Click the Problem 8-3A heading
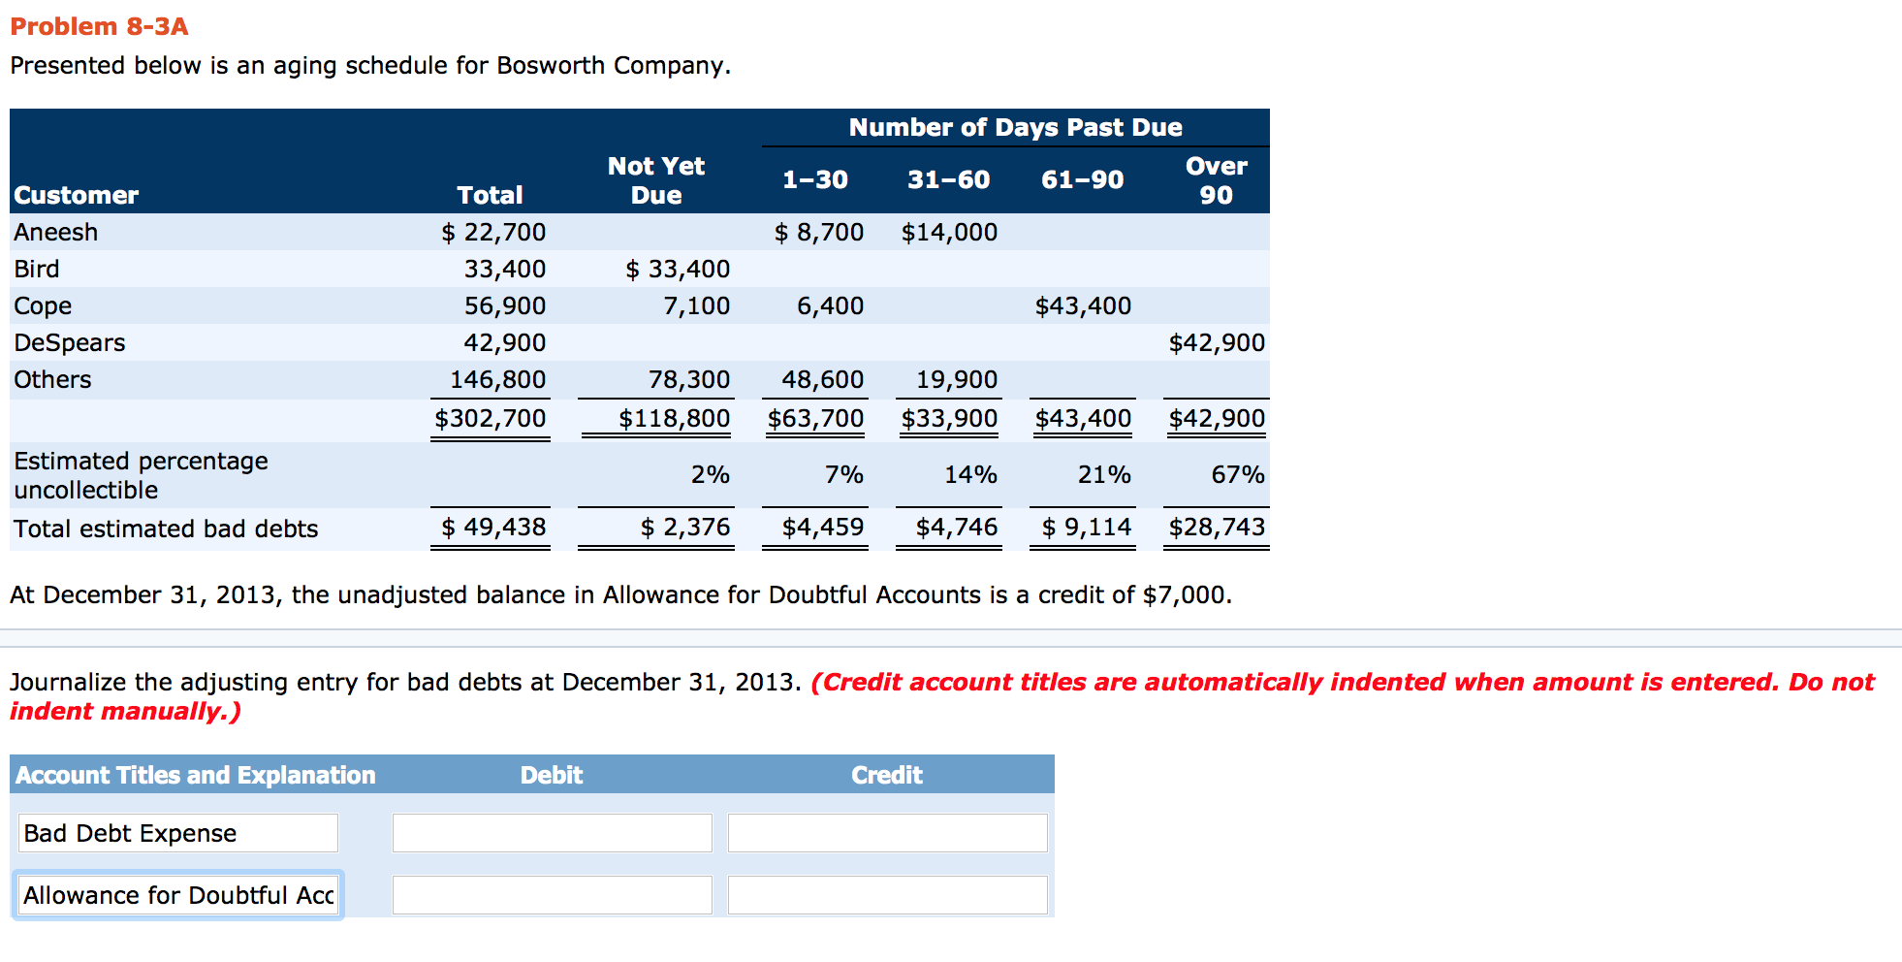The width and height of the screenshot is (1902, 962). (x=99, y=26)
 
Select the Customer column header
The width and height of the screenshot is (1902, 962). (x=77, y=195)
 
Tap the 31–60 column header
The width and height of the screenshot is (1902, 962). (x=948, y=179)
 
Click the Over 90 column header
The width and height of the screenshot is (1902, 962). (x=1216, y=180)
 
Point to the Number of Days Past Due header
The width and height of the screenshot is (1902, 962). (x=1015, y=127)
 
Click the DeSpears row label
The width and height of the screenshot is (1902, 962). (x=70, y=342)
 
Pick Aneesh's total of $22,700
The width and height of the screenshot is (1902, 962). (x=493, y=232)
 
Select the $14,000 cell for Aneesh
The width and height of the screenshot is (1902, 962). (x=949, y=232)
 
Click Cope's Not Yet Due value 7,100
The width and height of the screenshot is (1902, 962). (x=696, y=305)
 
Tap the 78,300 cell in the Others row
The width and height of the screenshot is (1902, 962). (x=688, y=379)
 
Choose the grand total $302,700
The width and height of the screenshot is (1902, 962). (x=491, y=418)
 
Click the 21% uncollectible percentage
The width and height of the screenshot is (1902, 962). (x=1104, y=474)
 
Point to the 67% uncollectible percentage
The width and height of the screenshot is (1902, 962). (x=1238, y=474)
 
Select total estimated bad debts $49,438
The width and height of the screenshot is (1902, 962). (x=493, y=527)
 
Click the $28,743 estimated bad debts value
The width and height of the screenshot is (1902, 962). (x=1217, y=527)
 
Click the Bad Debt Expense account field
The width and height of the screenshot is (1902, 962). (x=178, y=833)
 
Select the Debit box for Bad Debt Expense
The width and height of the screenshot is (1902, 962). (x=552, y=833)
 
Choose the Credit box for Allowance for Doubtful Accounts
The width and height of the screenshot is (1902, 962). (x=887, y=895)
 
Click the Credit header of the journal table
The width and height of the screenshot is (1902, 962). (x=886, y=775)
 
